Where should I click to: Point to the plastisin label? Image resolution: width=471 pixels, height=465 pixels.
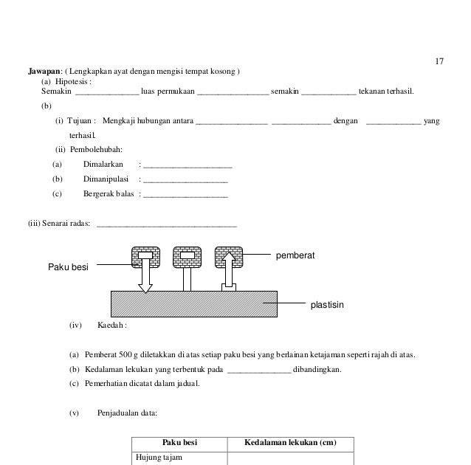[327, 303]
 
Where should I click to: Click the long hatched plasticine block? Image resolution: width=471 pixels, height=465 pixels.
[194, 303]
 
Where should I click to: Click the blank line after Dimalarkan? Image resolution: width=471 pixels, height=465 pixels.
[188, 167]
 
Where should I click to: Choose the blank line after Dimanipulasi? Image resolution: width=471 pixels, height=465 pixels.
[185, 181]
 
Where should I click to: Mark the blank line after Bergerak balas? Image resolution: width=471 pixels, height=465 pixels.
[185, 196]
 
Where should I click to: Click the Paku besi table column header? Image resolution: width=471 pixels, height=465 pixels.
[179, 443]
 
